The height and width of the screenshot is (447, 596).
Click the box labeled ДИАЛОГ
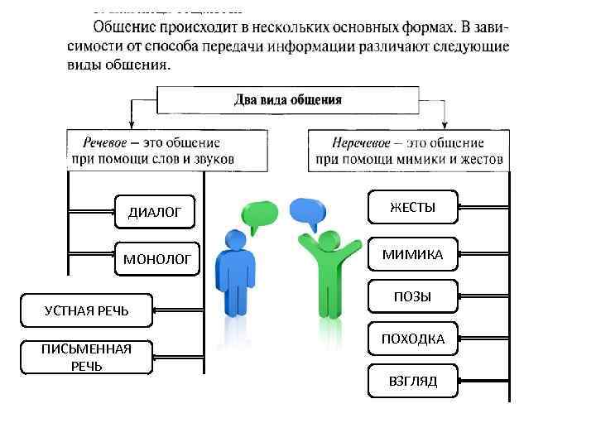coord(155,213)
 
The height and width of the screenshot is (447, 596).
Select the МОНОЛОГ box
coord(157,260)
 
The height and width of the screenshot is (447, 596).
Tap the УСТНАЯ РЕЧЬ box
coord(87,310)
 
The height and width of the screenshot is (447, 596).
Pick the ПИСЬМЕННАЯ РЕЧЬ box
coord(87,357)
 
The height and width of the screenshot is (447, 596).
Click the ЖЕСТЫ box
coord(412,208)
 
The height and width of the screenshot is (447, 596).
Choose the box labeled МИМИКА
coord(412,255)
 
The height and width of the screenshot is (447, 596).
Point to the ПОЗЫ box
coord(412,296)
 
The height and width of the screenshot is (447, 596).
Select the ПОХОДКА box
coord(412,339)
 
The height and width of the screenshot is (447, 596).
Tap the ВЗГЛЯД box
coord(412,381)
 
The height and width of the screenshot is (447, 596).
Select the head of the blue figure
coord(234,240)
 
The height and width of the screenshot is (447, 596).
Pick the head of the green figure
coord(329,240)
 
